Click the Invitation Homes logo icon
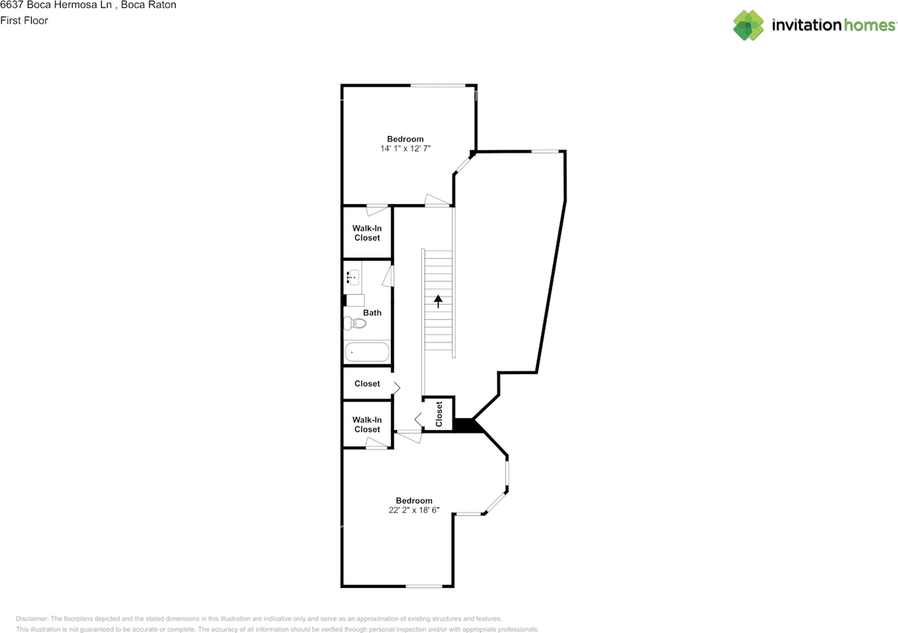coord(749,25)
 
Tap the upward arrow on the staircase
coord(439,301)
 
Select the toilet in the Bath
coord(356,323)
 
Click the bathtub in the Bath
coord(366,351)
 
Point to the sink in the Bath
coord(352,277)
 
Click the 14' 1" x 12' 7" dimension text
coord(405,149)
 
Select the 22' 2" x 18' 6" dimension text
coord(414,510)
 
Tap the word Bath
coord(372,312)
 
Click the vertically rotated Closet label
coord(439,414)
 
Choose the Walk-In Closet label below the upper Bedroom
coord(367,233)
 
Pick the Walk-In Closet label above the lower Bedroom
coord(367,425)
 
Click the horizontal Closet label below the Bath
coord(367,384)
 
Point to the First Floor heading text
coord(25,20)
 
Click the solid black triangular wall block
coord(464,425)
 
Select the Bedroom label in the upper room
coord(406,139)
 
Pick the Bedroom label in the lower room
coord(414,500)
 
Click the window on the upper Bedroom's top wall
coord(438,86)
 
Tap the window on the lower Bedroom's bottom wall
coord(424,586)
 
